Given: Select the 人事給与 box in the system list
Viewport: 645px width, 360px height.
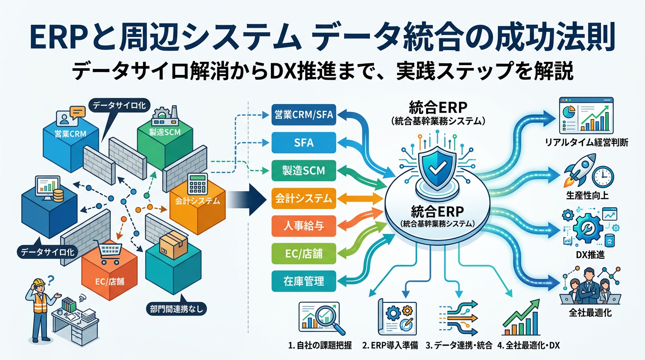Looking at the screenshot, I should pyautogui.click(x=304, y=227).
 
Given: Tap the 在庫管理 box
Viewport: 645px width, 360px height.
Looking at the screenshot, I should pyautogui.click(x=304, y=281).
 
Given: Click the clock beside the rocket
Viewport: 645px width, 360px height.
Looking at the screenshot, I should pyautogui.click(x=602, y=177).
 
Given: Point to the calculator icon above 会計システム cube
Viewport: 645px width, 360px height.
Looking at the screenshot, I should pyautogui.click(x=197, y=185).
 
